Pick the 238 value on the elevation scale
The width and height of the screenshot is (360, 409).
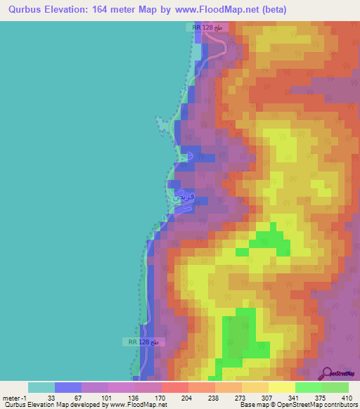214,398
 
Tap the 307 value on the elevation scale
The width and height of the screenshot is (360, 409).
267,398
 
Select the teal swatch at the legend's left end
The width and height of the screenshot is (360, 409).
41,387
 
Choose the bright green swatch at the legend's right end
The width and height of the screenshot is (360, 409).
335,387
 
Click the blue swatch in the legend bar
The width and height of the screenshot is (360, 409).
68,387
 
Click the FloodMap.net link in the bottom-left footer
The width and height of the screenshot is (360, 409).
143,405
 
